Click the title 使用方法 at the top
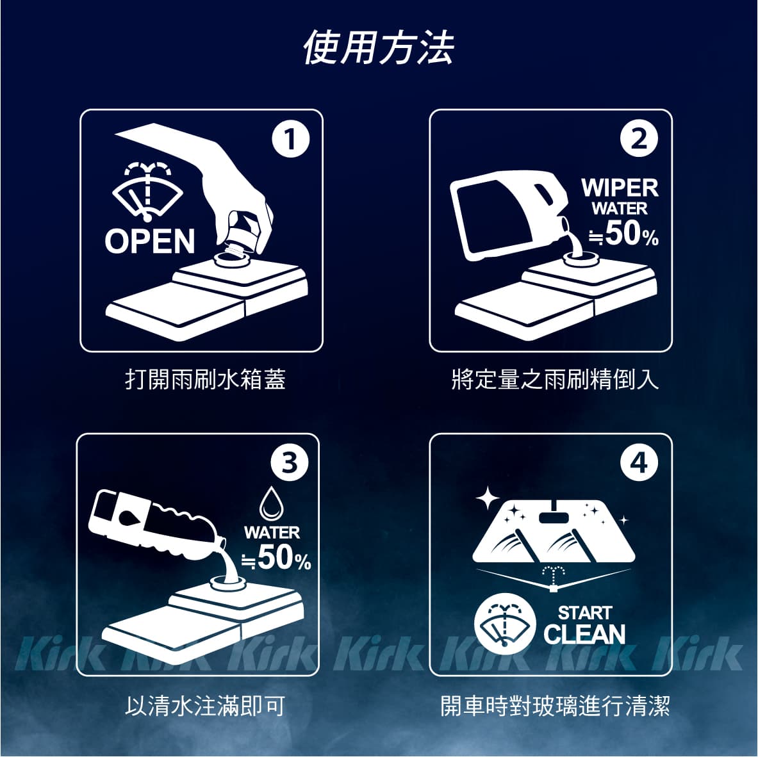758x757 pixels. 379,47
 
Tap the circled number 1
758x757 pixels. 290,139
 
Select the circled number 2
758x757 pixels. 639,139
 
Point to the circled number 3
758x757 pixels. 290,463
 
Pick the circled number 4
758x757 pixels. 639,463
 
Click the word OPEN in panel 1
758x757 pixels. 150,241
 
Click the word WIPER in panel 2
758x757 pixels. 620,188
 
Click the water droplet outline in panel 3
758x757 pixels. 272,504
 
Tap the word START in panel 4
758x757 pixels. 585,612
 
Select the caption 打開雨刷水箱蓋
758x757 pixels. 206,379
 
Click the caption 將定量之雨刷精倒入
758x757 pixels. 555,379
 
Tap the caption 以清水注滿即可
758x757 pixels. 205,706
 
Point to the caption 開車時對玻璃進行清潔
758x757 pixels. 555,706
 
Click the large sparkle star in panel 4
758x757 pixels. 488,498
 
